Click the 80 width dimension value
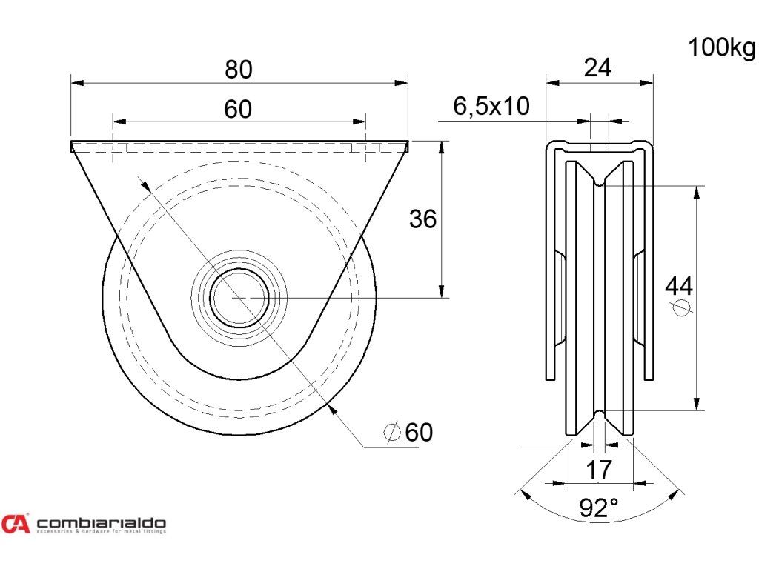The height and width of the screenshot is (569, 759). tap(239, 69)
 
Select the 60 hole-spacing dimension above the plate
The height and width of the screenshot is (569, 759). tap(238, 110)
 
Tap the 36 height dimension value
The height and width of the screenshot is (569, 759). tap(423, 219)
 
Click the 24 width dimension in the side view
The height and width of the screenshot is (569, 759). tap(597, 68)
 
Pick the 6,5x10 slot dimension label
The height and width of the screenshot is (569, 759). tap(491, 107)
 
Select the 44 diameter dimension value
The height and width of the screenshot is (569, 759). tap(679, 284)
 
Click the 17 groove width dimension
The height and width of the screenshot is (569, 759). tap(599, 469)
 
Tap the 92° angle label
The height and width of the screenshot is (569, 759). tap(599, 508)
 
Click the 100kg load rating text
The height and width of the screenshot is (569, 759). tap(721, 48)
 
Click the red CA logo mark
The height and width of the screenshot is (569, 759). tap(16, 524)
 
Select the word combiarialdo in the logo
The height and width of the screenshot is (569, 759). tap(101, 522)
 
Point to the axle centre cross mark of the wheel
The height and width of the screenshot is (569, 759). tap(239, 298)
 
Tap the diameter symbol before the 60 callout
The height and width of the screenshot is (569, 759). tap(392, 432)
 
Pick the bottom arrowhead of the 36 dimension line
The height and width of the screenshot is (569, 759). tap(442, 292)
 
